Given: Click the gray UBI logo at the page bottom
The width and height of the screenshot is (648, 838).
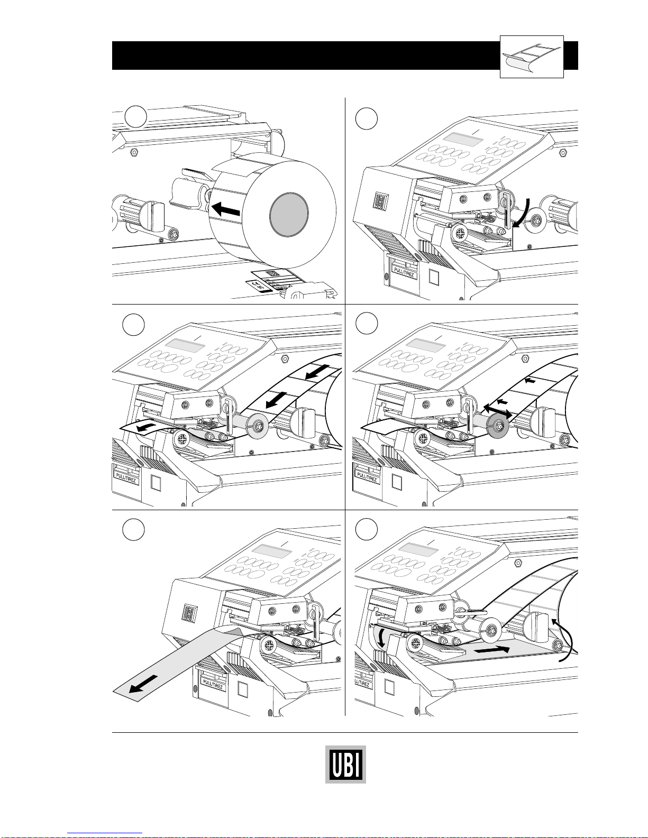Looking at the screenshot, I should [x=345, y=764].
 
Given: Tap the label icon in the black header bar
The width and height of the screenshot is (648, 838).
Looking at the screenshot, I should [x=532, y=57].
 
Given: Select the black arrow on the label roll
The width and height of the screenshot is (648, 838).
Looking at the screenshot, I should [x=226, y=210].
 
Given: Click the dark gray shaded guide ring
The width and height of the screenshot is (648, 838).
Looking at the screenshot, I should [x=497, y=424].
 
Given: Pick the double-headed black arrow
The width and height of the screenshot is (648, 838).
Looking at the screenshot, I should [x=497, y=409].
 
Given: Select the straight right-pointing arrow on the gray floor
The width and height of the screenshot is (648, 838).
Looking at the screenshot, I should [x=492, y=650].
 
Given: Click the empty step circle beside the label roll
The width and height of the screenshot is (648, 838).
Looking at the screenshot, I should [x=136, y=118].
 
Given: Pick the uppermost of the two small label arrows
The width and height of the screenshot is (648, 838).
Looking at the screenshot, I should [x=530, y=380].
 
